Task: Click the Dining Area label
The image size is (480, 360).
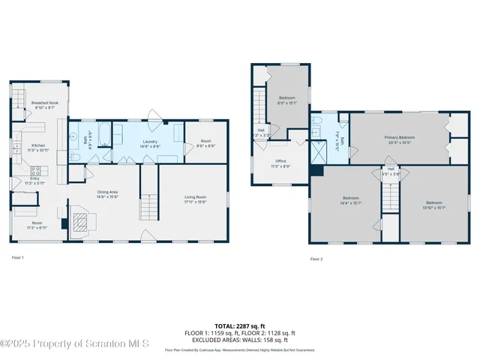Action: point(108,193)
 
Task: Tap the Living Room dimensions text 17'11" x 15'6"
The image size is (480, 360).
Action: point(195,201)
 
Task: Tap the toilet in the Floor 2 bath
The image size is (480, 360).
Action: point(317,124)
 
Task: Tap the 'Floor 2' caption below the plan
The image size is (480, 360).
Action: point(316,259)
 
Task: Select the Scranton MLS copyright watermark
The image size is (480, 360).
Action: point(75,343)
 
